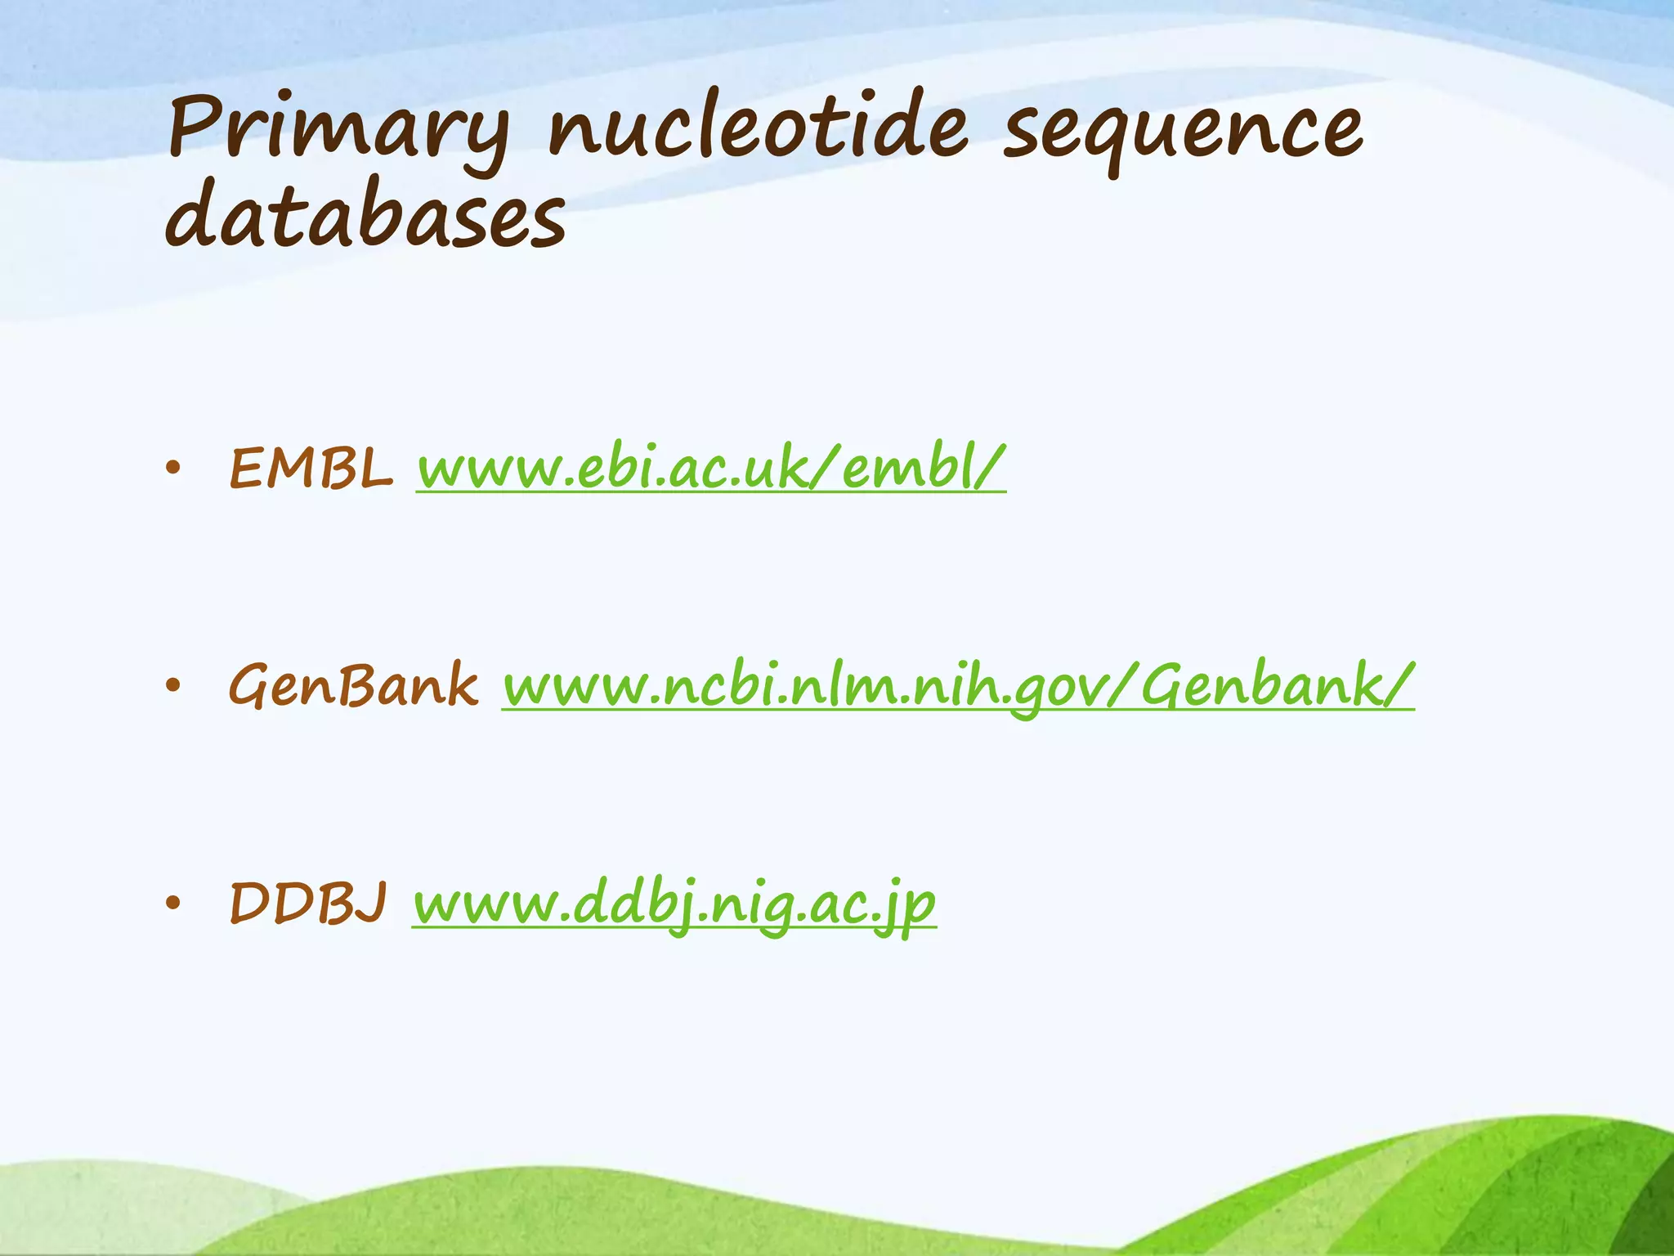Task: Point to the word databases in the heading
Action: click(x=365, y=214)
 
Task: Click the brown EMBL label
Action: click(x=311, y=469)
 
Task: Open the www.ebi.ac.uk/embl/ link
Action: click(x=710, y=469)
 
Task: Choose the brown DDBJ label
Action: click(x=308, y=903)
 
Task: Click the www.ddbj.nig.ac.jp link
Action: click(x=674, y=904)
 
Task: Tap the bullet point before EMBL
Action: click(x=172, y=469)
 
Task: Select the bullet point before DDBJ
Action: click(x=172, y=903)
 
